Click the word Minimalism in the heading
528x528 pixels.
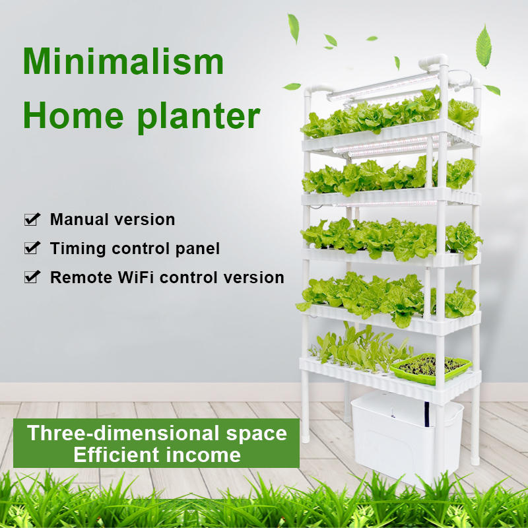point(123,61)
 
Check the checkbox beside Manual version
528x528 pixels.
point(32,219)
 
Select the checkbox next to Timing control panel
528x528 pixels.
point(32,248)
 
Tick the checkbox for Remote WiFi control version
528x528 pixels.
point(32,277)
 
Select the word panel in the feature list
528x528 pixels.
point(199,249)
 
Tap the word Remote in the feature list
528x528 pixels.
point(77,277)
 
